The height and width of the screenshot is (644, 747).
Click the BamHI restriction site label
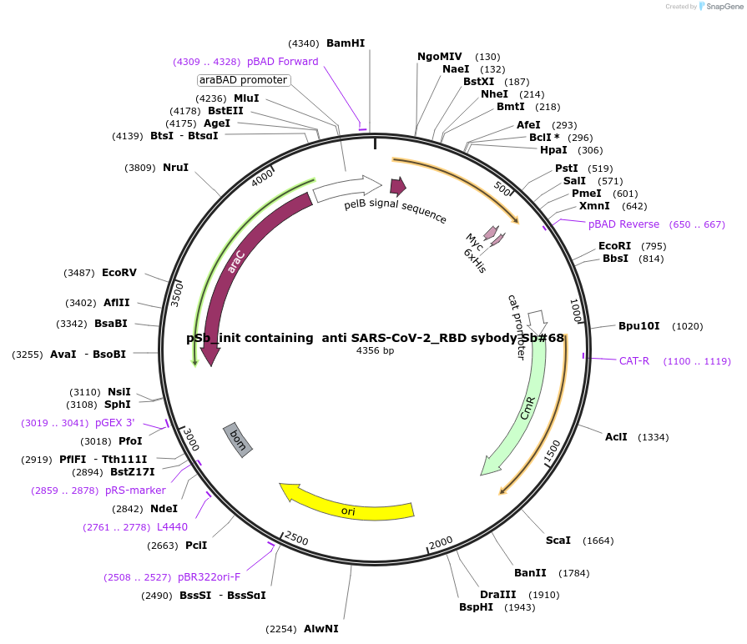(x=346, y=43)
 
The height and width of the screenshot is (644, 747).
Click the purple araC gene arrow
(x=234, y=267)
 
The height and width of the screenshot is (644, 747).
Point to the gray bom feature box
(x=237, y=439)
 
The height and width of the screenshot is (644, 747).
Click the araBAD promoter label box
(x=244, y=80)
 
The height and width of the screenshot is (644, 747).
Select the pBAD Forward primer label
(x=282, y=62)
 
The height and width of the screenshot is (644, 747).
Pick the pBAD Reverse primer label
(x=623, y=224)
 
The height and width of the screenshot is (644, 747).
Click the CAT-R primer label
(x=634, y=361)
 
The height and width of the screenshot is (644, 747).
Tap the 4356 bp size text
(x=375, y=350)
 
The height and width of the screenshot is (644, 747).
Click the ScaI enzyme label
(x=558, y=541)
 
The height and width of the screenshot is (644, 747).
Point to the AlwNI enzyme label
(x=321, y=629)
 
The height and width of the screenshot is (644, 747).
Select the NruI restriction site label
(x=175, y=168)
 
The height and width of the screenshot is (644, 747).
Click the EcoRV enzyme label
(x=119, y=273)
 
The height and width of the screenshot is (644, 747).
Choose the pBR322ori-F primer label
(x=209, y=577)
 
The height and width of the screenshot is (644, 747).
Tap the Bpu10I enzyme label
(x=639, y=326)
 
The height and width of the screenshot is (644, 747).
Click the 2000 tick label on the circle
(x=441, y=542)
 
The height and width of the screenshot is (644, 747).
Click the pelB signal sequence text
(x=395, y=211)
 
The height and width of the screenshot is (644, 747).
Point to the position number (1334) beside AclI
(x=653, y=437)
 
